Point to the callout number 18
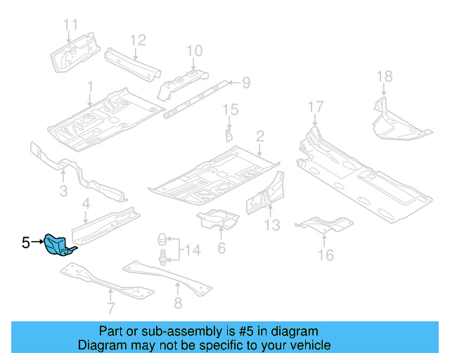point(384,77)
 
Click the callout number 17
point(316,107)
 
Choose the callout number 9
point(245,84)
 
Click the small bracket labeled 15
point(229,134)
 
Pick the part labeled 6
point(218,219)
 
